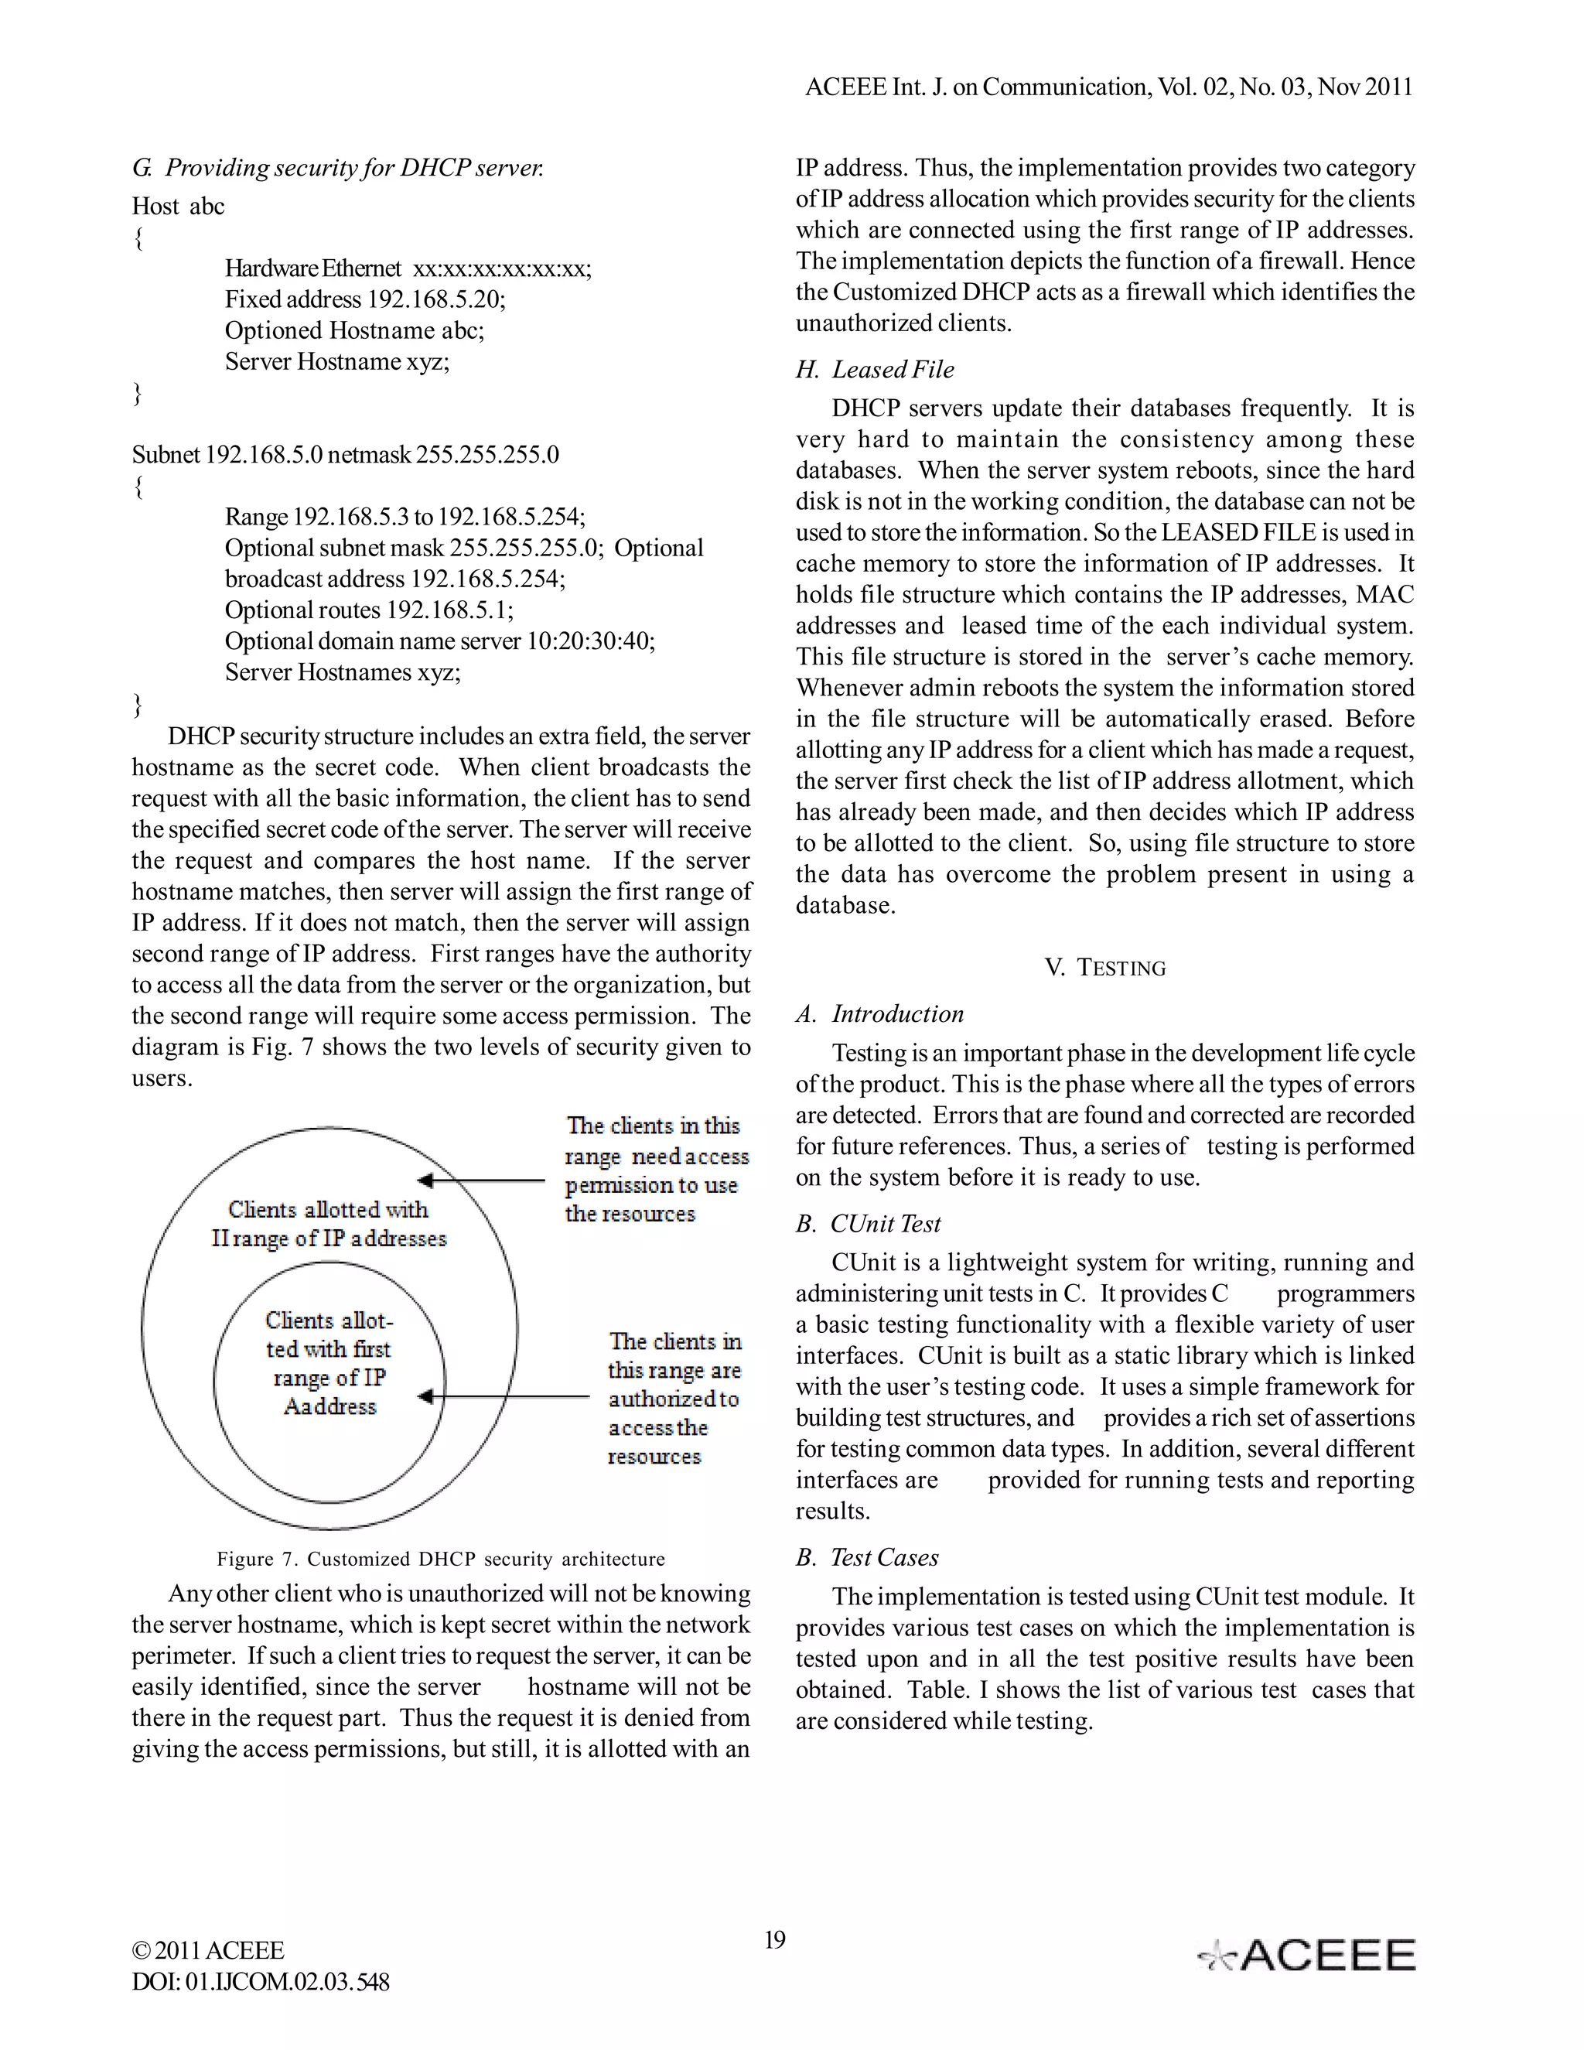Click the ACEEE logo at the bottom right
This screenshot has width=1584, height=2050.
pyautogui.click(x=1307, y=1954)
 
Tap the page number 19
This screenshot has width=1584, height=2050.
pyautogui.click(x=774, y=1939)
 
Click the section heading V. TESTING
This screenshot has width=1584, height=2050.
pyautogui.click(x=1104, y=968)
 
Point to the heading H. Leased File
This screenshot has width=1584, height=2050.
pyautogui.click(x=875, y=370)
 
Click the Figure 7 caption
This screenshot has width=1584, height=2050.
pyautogui.click(x=440, y=1559)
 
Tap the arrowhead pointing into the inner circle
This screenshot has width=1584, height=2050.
pyautogui.click(x=425, y=1396)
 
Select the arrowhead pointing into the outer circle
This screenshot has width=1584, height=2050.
pyautogui.click(x=425, y=1180)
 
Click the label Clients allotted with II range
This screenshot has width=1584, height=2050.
pyautogui.click(x=329, y=1224)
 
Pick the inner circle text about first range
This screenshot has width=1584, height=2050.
pyautogui.click(x=329, y=1363)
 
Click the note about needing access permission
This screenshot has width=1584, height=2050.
pyautogui.click(x=655, y=1170)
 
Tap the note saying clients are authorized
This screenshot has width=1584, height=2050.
pyautogui.click(x=673, y=1399)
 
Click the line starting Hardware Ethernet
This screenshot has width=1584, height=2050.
pyautogui.click(x=408, y=268)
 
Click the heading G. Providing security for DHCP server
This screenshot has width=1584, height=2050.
pyautogui.click(x=338, y=168)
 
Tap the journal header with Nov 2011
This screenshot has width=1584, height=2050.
pyautogui.click(x=1108, y=87)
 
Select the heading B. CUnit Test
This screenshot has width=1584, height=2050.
pyautogui.click(x=868, y=1224)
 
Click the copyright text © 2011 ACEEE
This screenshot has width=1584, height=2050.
pyautogui.click(x=207, y=1950)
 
